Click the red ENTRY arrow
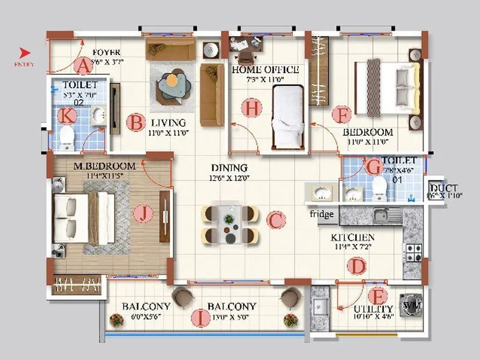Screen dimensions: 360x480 click(25, 52)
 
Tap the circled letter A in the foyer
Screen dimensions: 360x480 click(83, 64)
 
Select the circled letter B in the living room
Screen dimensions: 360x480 click(136, 123)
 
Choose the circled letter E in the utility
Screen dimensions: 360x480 click(377, 296)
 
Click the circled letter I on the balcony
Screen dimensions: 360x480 click(199, 317)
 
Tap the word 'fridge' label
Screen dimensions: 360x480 click(322, 214)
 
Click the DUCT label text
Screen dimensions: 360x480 click(445, 188)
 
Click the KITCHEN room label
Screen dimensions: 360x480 click(353, 238)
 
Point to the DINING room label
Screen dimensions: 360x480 click(229, 168)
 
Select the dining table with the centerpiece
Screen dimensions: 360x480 click(230, 224)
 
